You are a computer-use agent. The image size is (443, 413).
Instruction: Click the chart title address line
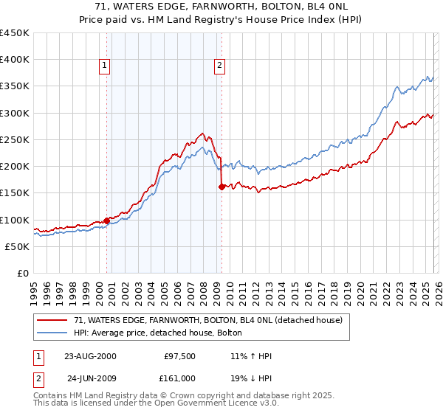pyautogui.click(x=221, y=6)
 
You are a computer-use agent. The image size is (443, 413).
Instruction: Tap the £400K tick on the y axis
pyautogui.click(x=15, y=60)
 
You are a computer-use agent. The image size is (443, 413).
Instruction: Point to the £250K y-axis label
pyautogui.click(x=15, y=139)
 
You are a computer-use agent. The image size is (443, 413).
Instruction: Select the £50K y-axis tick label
pyautogui.click(x=18, y=246)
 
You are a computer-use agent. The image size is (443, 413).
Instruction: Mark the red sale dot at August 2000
pyautogui.click(x=107, y=221)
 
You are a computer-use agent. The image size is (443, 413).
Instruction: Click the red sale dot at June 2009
pyautogui.click(x=221, y=187)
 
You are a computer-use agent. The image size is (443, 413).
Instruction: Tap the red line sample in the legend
pyautogui.click(x=52, y=321)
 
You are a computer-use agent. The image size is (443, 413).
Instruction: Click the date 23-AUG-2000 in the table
pyautogui.click(x=90, y=356)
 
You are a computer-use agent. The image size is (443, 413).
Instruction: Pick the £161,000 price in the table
pyautogui.click(x=179, y=381)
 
